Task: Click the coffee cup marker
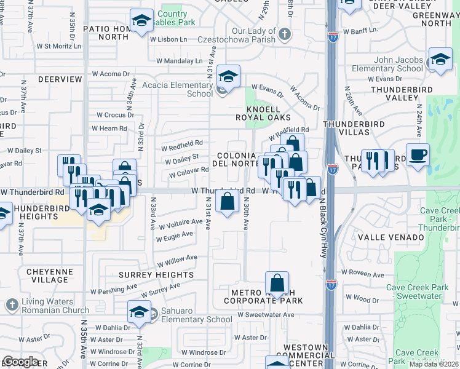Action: point(418,155)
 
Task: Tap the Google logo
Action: point(20,362)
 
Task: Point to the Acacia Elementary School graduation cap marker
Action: point(228,76)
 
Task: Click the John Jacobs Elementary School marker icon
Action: point(440,60)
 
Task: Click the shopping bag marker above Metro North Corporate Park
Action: point(277,284)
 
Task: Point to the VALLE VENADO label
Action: point(397,237)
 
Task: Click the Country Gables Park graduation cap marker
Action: point(141,22)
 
